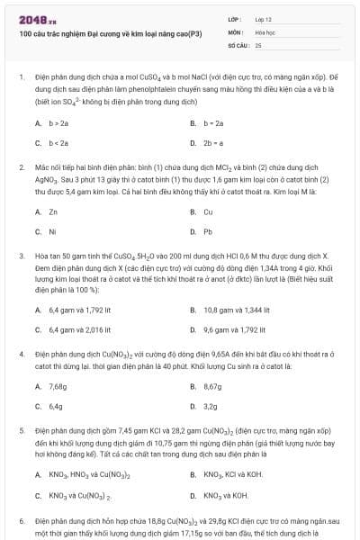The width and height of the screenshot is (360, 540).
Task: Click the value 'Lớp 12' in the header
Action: (x=264, y=18)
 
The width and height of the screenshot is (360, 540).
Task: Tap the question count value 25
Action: (x=258, y=43)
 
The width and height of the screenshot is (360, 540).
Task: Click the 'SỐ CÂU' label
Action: (x=238, y=43)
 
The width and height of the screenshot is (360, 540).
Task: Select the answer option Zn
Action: (x=53, y=211)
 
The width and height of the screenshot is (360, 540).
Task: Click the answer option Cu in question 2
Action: (x=208, y=211)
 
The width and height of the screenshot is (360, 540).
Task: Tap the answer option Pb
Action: (x=208, y=231)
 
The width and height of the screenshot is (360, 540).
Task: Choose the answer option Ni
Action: (x=52, y=231)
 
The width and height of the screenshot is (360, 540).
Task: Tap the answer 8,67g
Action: (x=212, y=386)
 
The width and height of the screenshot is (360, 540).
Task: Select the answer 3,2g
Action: (x=211, y=406)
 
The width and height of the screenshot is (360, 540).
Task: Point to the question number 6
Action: (x=21, y=520)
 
